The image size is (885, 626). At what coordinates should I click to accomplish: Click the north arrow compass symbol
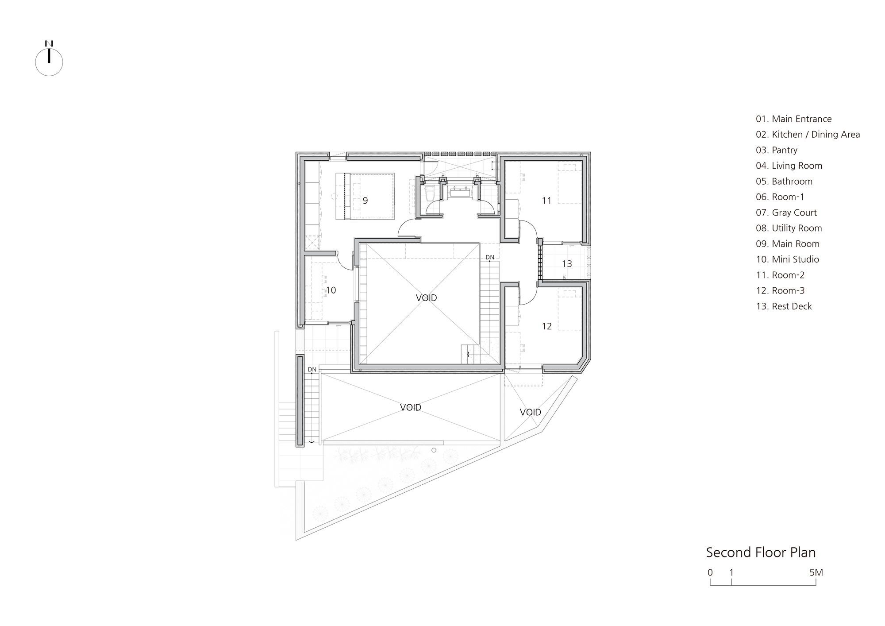(49, 62)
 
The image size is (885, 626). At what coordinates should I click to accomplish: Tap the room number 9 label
(365, 201)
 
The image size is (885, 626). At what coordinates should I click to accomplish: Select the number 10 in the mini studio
(331, 290)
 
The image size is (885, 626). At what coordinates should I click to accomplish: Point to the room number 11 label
(546, 201)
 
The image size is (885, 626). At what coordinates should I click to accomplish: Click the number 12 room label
(546, 326)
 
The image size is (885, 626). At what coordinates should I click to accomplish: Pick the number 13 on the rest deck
(567, 264)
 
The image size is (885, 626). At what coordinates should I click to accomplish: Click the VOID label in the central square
(426, 298)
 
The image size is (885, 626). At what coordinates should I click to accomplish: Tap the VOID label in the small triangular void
(530, 412)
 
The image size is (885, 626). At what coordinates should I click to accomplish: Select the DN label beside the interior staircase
(490, 257)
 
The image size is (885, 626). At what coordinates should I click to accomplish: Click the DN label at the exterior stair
(312, 369)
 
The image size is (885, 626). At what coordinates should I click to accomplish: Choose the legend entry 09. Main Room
(788, 244)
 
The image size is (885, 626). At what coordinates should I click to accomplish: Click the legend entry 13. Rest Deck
(784, 306)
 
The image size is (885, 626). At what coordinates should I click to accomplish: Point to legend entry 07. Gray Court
(786, 213)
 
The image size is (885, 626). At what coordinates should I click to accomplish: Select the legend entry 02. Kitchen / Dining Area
(808, 135)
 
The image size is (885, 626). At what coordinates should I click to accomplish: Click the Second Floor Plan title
(761, 553)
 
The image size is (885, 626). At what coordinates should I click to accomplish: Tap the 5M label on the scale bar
(816, 572)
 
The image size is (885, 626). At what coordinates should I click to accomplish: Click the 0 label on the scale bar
(710, 572)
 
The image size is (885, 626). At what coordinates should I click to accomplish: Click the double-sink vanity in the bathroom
(460, 192)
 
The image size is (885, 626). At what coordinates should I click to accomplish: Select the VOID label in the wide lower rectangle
(410, 407)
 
